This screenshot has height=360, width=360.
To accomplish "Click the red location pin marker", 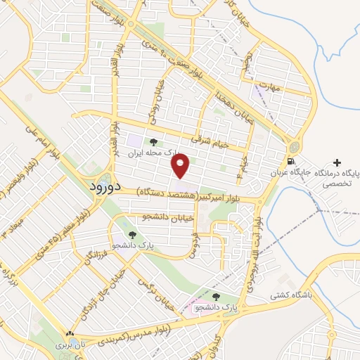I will pyautogui.click(x=181, y=166).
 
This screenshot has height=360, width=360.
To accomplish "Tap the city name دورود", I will pyautogui.click(x=107, y=188).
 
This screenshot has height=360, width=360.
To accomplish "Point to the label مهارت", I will pyautogui.click(x=269, y=89).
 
